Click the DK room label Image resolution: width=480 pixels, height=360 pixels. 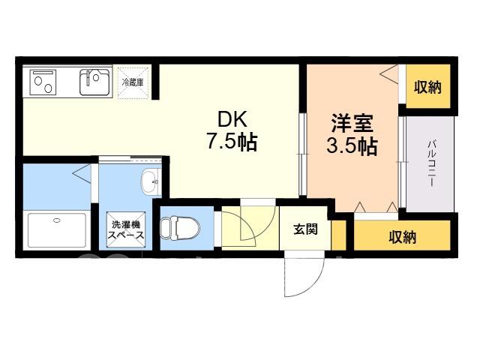pos(232,119)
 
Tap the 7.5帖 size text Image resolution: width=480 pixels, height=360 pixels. pos(232,142)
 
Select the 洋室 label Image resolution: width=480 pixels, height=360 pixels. pos(352,123)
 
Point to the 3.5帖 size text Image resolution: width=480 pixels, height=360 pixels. pos(352,145)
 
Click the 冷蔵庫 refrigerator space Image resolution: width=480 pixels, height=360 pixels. pos(133,82)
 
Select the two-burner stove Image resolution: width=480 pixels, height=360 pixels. pos(43,82)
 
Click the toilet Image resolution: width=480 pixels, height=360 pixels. pos(180,228)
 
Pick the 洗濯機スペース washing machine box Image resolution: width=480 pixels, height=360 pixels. pos(125,229)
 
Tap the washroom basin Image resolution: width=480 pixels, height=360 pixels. pos(151,181)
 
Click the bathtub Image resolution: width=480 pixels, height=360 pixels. pos(57,230)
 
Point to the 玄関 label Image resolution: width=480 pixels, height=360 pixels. pos(305,229)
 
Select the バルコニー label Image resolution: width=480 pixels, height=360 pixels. pos(431,163)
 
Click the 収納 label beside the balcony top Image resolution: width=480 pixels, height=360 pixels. pos(427,87)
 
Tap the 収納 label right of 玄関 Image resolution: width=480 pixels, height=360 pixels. pos(403,237)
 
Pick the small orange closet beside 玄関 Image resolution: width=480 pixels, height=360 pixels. pos(338,235)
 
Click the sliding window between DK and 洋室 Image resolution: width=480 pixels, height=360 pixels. pos(303,154)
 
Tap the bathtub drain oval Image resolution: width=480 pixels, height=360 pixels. pos(57,220)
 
